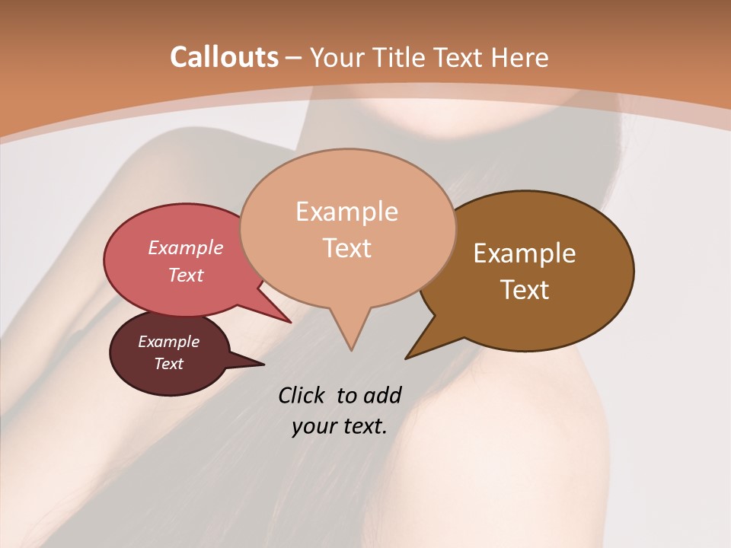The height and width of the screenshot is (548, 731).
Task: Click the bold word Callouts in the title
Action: pyautogui.click(x=224, y=57)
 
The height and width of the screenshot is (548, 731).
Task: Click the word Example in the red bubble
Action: pyautogui.click(x=185, y=247)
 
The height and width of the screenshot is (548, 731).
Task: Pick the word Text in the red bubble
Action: pyautogui.click(x=185, y=275)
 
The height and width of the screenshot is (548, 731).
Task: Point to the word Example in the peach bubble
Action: pyautogui.click(x=346, y=211)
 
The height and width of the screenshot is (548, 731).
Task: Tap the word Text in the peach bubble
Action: pyautogui.click(x=346, y=247)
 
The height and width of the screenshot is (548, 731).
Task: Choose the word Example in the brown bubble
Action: pyautogui.click(x=525, y=253)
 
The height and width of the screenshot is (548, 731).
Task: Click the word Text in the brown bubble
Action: pyautogui.click(x=525, y=289)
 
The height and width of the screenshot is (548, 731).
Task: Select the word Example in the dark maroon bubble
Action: pyautogui.click(x=168, y=342)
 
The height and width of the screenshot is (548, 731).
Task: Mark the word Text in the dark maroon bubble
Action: pyautogui.click(x=168, y=364)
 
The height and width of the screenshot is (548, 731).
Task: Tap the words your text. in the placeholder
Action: pyautogui.click(x=340, y=426)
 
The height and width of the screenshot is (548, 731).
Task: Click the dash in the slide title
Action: pyautogui.click(x=294, y=58)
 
